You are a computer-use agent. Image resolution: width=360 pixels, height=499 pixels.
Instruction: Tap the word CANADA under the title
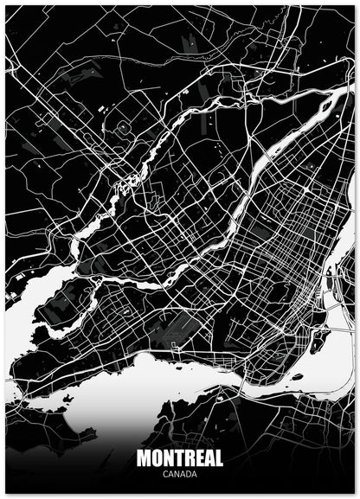coord(179,473)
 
